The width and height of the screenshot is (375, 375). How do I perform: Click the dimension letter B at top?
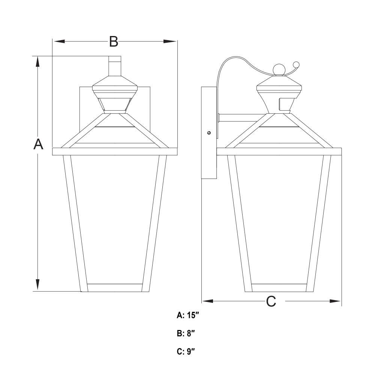coord(114,41)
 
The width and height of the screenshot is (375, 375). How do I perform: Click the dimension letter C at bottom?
coord(271,301)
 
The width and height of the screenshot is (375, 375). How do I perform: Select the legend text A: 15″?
coord(188,315)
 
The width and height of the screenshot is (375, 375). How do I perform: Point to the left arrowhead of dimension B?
coord(59,41)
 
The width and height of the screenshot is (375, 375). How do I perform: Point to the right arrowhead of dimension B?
coord(170,41)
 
